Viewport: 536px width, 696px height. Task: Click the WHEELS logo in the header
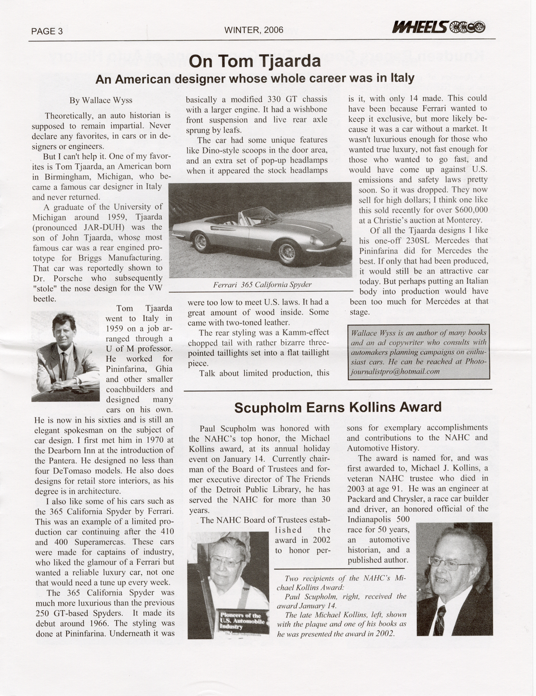(x=438, y=28)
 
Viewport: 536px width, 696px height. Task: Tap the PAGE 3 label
(x=47, y=31)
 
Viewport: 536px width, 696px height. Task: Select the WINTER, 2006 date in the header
(x=254, y=30)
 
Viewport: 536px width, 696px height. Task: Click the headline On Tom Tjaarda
(x=254, y=62)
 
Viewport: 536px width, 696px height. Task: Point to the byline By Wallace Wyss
(x=101, y=101)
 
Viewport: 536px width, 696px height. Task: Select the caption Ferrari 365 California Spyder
(x=262, y=285)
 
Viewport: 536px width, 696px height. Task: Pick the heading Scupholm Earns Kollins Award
(x=338, y=408)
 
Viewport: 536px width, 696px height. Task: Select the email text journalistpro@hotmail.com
(x=396, y=372)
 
